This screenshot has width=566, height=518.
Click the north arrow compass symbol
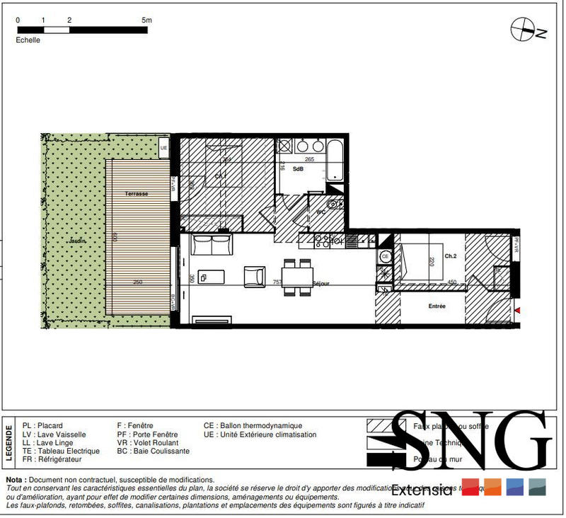click(x=522, y=30)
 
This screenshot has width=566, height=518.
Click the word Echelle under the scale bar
click(x=28, y=40)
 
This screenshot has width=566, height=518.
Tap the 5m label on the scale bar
click(x=146, y=21)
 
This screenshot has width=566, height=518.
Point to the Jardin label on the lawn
click(x=76, y=241)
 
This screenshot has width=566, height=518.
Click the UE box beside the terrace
click(x=164, y=148)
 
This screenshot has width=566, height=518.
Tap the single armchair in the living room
click(x=254, y=275)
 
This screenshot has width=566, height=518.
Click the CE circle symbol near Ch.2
click(x=386, y=255)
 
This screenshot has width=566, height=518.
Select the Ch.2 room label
click(x=451, y=255)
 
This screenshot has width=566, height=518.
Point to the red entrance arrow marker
click(x=519, y=310)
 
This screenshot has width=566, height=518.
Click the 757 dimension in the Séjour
click(x=278, y=282)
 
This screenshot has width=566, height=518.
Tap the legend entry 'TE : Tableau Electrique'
click(x=60, y=451)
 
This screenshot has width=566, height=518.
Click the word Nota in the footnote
click(x=17, y=480)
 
